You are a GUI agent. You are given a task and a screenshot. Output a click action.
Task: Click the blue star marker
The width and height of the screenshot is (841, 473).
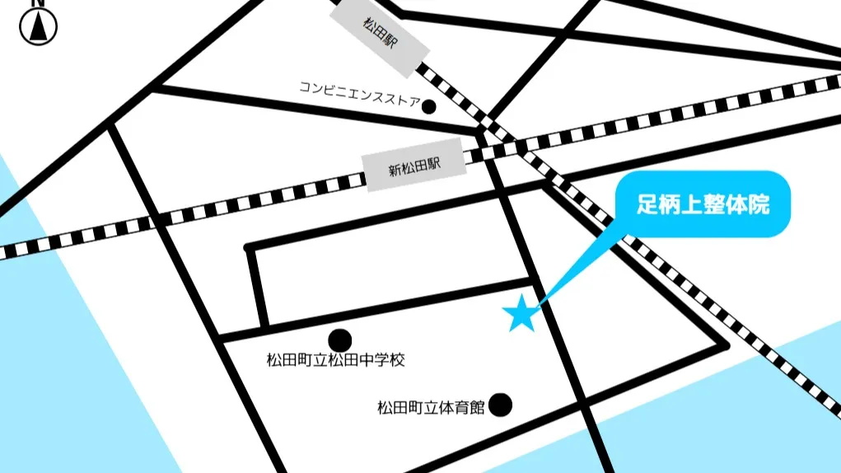(x=521, y=315)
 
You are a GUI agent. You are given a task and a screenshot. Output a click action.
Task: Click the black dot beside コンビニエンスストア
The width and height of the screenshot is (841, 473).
(x=428, y=105)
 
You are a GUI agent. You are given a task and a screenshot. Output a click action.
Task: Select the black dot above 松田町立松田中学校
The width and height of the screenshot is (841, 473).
(x=339, y=340)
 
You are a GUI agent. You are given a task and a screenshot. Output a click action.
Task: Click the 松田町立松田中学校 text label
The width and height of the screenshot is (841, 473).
(x=335, y=360)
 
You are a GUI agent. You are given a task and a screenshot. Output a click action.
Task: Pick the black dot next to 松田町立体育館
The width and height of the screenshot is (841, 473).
(x=500, y=405)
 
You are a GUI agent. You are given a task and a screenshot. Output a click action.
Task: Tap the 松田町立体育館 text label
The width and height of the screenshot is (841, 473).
(x=431, y=407)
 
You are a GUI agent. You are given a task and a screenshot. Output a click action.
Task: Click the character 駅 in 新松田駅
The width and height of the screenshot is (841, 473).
(x=433, y=166)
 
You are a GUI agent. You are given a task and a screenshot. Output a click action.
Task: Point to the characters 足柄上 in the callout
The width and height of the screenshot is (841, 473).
(x=669, y=205)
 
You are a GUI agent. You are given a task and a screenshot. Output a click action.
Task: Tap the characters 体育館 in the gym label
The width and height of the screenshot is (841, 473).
(x=465, y=407)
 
